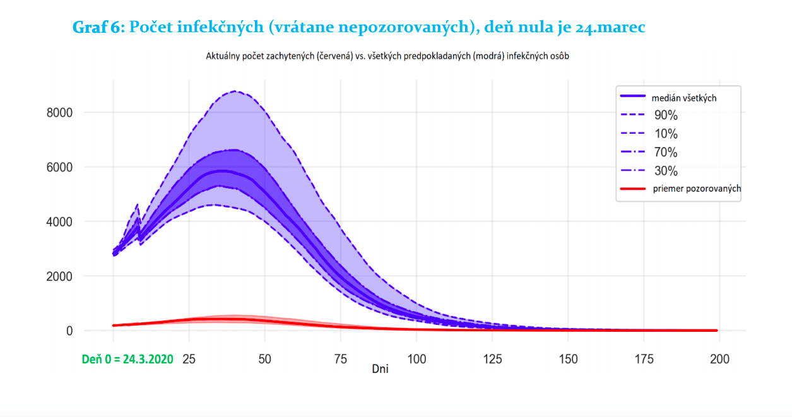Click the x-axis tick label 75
point(341,359)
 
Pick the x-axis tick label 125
point(493,359)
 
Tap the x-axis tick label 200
point(720,359)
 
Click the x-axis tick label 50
point(265,359)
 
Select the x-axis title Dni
point(380,369)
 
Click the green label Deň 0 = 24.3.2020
point(127,359)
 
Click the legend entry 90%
point(666,115)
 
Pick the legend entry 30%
point(666,170)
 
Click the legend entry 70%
point(666,152)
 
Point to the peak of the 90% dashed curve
point(235,91)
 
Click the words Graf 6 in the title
point(99,28)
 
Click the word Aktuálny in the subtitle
point(224,56)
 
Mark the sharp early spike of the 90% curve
point(137,204)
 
